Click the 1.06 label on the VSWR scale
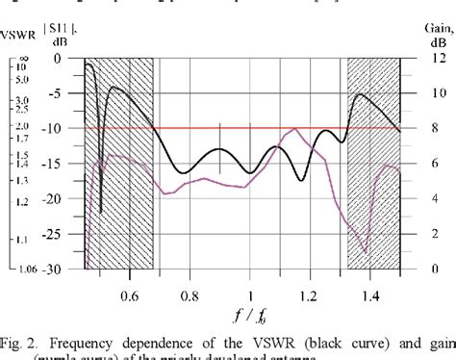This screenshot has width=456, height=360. pyautogui.click(x=17, y=270)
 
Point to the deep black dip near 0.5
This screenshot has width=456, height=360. pyautogui.click(x=100, y=210)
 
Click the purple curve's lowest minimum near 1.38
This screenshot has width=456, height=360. pyautogui.click(x=365, y=251)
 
